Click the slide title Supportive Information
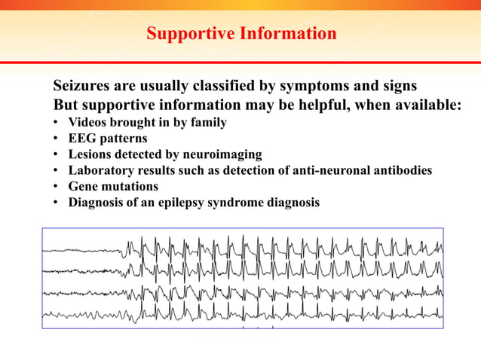[241, 34]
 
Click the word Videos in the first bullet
[88, 122]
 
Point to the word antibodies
[406, 170]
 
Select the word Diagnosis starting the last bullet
[96, 203]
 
